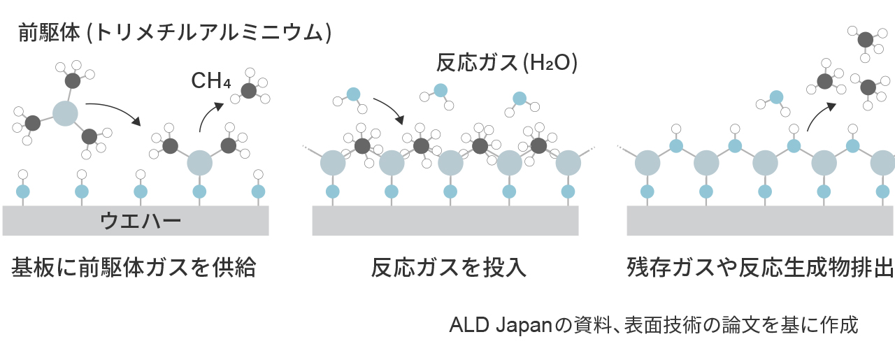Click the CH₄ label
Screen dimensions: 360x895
(210, 81)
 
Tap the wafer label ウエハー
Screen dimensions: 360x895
(141, 221)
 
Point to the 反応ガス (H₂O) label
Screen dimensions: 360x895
(507, 63)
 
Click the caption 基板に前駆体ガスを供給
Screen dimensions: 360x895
(134, 268)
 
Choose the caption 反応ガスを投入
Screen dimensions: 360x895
(447, 268)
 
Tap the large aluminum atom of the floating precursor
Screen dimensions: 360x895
(64, 113)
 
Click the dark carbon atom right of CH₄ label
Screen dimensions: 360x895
(249, 90)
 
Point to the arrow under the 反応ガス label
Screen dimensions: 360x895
(389, 109)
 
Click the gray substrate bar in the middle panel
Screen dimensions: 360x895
(445, 221)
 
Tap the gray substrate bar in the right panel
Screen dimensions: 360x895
(760, 221)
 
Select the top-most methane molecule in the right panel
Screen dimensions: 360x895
(865, 38)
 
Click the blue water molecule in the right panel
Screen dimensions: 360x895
(775, 97)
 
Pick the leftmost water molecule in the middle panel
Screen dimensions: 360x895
(353, 94)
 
